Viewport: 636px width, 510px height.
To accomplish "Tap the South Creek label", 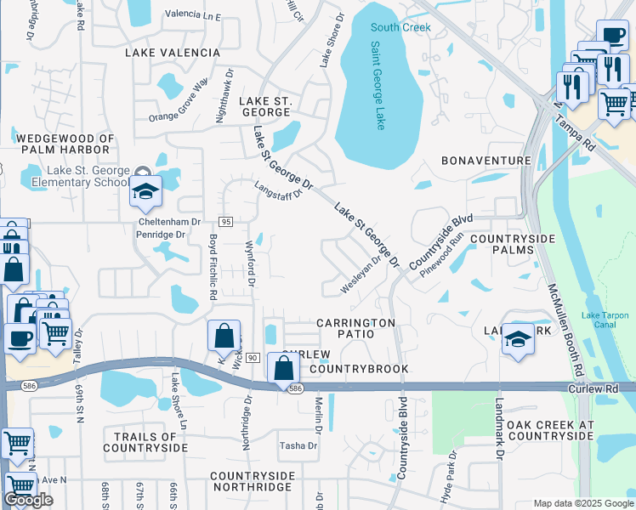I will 400,27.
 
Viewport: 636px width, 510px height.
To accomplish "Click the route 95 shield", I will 225,221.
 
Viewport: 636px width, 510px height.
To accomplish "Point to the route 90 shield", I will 253,358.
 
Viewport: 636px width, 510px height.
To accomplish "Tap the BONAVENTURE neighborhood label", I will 486,161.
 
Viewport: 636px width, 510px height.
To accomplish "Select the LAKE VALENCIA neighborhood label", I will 173,53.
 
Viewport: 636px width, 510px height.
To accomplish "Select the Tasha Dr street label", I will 298,445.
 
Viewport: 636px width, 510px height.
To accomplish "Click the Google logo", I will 28,500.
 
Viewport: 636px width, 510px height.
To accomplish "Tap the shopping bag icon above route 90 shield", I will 224,337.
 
